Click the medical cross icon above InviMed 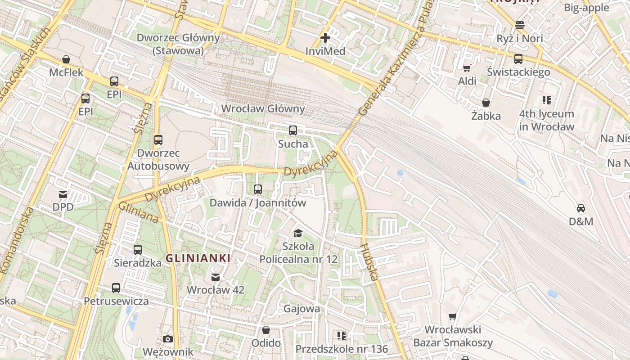(325, 38)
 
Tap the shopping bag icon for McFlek (66, 59)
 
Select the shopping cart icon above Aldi (467, 68)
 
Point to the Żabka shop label (486, 116)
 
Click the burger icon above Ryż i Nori (520, 25)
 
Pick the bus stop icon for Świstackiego (518, 58)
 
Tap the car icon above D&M (581, 208)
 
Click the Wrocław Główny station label (263, 109)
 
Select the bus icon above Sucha (293, 130)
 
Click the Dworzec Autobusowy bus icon (158, 139)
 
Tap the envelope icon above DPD (63, 194)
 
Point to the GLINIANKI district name (198, 258)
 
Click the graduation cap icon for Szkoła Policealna (298, 233)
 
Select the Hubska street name (369, 262)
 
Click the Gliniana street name (139, 212)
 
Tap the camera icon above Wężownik (168, 339)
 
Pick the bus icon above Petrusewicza (116, 288)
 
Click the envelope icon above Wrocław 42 (216, 277)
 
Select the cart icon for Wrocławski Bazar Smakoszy (453, 317)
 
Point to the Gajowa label (302, 309)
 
